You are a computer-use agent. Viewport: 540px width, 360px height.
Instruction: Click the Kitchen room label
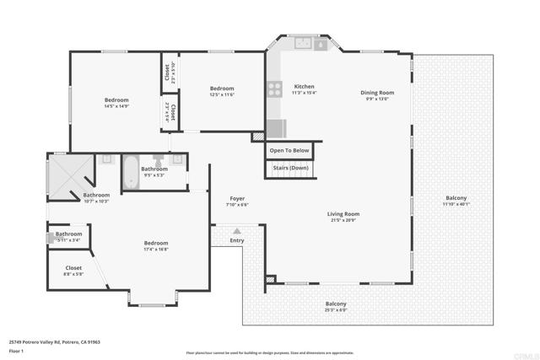click(x=304, y=87)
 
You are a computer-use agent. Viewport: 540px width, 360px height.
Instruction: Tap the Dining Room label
click(x=377, y=93)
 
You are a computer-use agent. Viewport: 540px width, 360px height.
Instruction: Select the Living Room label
click(x=343, y=214)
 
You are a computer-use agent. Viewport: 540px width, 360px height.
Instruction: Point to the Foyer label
click(x=237, y=198)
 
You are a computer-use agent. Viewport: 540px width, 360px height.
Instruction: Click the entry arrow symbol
click(x=237, y=230)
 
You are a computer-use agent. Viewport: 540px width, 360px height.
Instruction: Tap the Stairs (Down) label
click(x=289, y=169)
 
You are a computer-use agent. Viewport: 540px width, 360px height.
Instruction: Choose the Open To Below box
click(x=289, y=151)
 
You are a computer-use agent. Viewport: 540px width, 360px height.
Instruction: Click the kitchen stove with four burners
click(x=275, y=87)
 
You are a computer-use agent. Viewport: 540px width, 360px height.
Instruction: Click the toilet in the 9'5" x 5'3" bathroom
click(x=159, y=159)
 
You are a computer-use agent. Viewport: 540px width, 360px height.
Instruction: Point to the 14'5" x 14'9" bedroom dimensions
click(x=116, y=106)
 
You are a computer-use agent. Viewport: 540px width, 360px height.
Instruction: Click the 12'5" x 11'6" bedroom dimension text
click(x=222, y=94)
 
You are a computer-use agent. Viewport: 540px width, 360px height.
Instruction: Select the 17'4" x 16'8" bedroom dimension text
click(x=156, y=249)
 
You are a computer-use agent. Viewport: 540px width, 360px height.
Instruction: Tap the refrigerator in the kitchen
click(x=276, y=128)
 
